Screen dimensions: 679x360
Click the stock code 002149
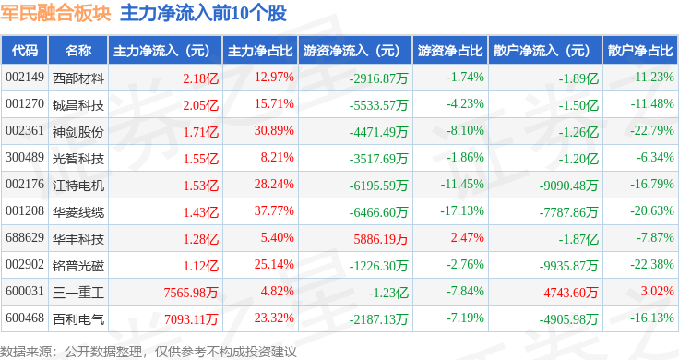(x=25, y=78)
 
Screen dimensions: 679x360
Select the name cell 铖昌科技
(x=77, y=105)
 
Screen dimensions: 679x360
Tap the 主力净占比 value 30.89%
(x=274, y=130)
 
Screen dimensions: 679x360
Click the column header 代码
(x=25, y=51)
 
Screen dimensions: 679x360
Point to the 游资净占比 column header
(x=450, y=51)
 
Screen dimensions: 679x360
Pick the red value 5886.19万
(x=381, y=238)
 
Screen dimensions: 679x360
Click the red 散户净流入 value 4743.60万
(x=571, y=293)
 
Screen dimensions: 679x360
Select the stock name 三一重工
(x=77, y=293)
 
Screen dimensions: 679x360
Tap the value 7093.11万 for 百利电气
(x=191, y=319)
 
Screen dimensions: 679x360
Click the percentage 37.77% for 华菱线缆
(x=274, y=211)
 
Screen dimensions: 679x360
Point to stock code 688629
(x=25, y=238)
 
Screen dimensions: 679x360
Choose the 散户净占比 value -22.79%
(x=651, y=130)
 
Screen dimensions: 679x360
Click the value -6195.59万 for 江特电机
(x=378, y=185)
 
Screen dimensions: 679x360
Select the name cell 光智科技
(x=77, y=159)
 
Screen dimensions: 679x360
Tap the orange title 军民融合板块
(x=56, y=13)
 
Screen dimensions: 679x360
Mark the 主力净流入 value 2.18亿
(x=200, y=78)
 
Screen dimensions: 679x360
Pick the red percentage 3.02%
(x=658, y=291)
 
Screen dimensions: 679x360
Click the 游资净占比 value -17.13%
(x=462, y=211)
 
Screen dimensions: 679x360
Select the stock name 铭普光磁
(x=77, y=266)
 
